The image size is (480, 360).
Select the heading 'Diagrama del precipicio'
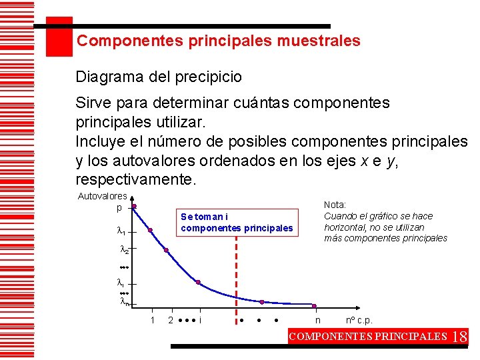pyautogui.click(x=159, y=77)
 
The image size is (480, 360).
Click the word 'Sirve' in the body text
pyautogui.click(x=93, y=103)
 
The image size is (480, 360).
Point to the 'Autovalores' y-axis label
pyautogui.click(x=102, y=196)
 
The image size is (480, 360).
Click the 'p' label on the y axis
pyautogui.click(x=119, y=207)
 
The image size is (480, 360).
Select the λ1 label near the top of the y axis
pyautogui.click(x=121, y=231)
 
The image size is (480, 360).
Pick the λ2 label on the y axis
pyautogui.click(x=123, y=251)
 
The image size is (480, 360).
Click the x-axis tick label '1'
pyautogui.click(x=152, y=321)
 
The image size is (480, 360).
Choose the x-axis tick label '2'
pyautogui.click(x=171, y=321)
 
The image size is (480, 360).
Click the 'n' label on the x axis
pyautogui.click(x=318, y=321)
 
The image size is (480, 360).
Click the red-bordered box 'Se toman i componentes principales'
pyautogui.click(x=237, y=223)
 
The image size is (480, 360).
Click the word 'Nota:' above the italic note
pyautogui.click(x=335, y=205)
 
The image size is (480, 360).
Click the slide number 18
pyautogui.click(x=460, y=336)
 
